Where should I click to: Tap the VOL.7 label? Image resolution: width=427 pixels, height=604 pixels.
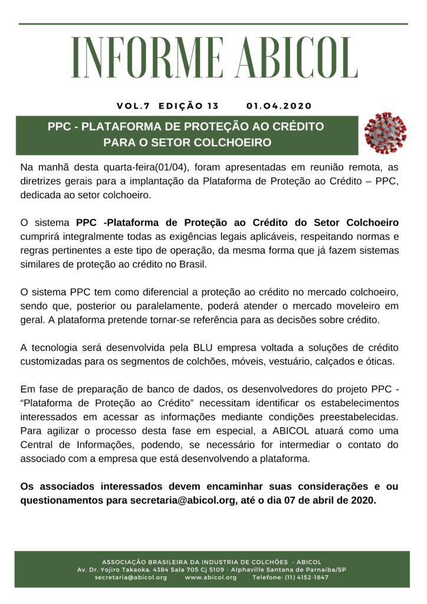coord(133,106)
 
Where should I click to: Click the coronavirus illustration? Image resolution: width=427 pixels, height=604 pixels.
coord(385,133)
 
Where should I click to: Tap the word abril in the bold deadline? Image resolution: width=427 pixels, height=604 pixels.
coord(319,501)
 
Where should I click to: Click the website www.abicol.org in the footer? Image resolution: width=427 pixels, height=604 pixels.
coord(211,577)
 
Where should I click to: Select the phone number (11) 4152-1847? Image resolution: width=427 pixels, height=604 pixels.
coord(290,577)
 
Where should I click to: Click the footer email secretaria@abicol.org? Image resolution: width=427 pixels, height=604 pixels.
coord(131,577)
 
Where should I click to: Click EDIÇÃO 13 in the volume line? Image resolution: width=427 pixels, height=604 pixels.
coord(189,106)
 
